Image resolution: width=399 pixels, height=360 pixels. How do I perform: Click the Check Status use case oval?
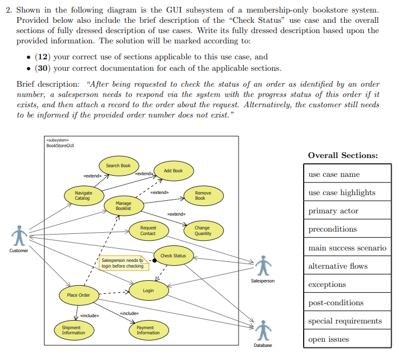pyautogui.click(x=173, y=256)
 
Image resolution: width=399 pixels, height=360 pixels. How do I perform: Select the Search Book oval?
pyautogui.click(x=118, y=165)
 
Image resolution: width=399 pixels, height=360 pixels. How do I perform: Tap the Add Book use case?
pyautogui.click(x=173, y=171)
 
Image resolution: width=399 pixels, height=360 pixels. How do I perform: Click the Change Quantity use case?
pyautogui.click(x=203, y=230)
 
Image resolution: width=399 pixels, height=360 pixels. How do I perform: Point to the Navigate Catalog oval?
pyautogui.click(x=83, y=196)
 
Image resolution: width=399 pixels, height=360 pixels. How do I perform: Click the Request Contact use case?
pyautogui.click(x=148, y=230)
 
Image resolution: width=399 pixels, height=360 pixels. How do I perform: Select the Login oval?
pyautogui.click(x=148, y=290)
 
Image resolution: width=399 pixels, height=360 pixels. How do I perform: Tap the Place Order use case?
pyautogui.click(x=79, y=295)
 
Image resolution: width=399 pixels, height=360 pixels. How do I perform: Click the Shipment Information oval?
pyautogui.click(x=74, y=330)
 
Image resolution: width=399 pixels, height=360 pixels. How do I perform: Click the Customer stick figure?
pyautogui.click(x=20, y=235)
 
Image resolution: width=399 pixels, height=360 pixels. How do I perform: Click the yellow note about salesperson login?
pyautogui.click(x=122, y=263)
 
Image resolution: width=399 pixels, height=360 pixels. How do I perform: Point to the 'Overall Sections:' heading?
pyautogui.click(x=342, y=155)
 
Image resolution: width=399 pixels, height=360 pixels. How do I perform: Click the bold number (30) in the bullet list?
pyautogui.click(x=43, y=68)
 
